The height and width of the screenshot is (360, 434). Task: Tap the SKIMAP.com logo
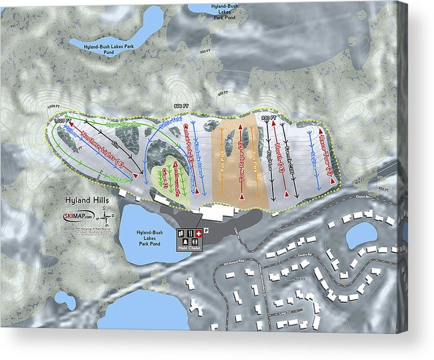pos(79,216)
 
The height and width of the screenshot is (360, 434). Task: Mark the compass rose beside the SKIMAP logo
pos(108,216)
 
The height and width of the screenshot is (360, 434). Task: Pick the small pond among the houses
pos(361,235)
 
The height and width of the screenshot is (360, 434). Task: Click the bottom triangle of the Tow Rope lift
pos(239,198)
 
